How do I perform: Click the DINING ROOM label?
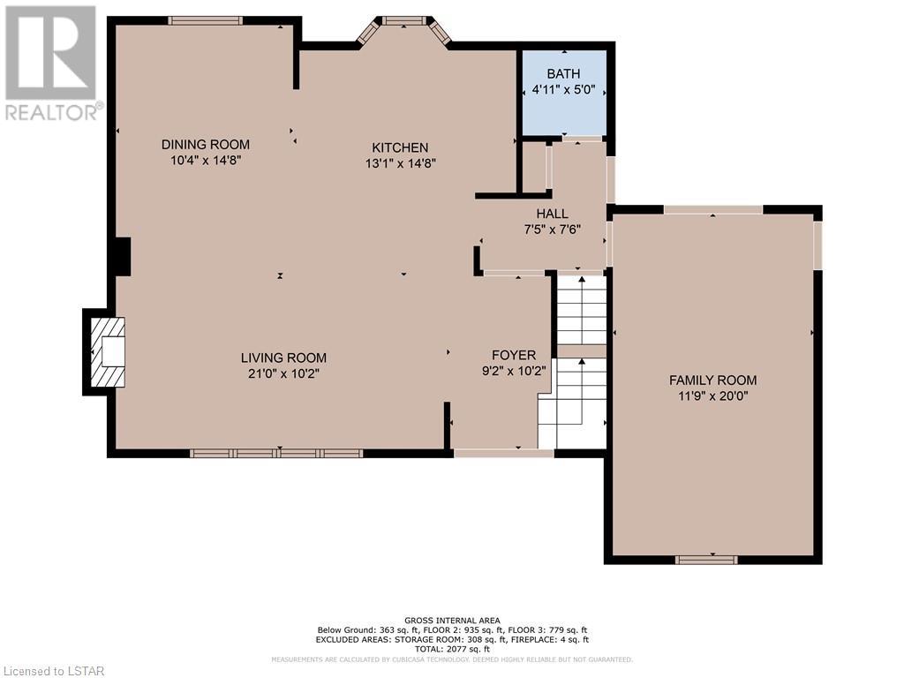click(x=205, y=144)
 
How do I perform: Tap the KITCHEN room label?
click(x=400, y=147)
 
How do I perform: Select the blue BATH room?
click(x=564, y=93)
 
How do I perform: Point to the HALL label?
click(x=552, y=214)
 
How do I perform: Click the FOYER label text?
click(x=514, y=355)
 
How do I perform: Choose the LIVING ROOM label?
click(x=283, y=358)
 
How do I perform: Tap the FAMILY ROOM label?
click(x=712, y=380)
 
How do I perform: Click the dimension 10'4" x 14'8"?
click(x=205, y=161)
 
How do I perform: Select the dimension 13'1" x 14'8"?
click(x=400, y=163)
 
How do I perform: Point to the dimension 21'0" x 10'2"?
click(x=283, y=373)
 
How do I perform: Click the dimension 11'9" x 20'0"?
click(x=712, y=396)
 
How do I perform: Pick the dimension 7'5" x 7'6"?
click(x=552, y=230)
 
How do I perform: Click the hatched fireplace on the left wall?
click(x=108, y=352)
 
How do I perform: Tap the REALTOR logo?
click(x=51, y=63)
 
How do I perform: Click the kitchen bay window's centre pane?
click(x=403, y=21)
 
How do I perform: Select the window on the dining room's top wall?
click(x=205, y=21)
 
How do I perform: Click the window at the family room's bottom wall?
click(x=706, y=559)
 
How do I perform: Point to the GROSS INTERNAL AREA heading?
click(x=452, y=621)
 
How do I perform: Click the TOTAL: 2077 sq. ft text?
click(x=452, y=649)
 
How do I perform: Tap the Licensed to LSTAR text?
click(x=52, y=671)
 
